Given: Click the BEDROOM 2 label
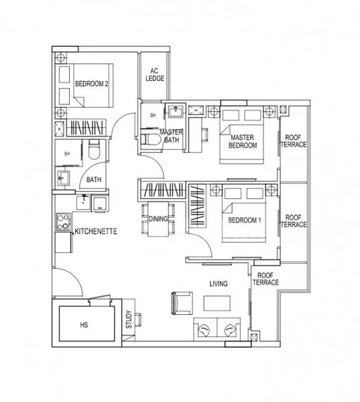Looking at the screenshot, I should [x=92, y=84].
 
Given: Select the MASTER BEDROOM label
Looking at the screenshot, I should [x=241, y=141].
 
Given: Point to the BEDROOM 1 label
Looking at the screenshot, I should [x=243, y=220].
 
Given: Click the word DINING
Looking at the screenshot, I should [x=158, y=219].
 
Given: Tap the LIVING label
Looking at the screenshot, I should [x=218, y=283].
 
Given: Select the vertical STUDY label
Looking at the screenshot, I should [x=128, y=318].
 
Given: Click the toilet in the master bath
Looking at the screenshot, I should [x=152, y=139].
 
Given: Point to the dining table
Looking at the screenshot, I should [x=158, y=220].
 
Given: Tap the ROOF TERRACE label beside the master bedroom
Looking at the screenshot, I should [x=294, y=141].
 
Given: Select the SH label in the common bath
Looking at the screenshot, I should [x=66, y=154].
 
